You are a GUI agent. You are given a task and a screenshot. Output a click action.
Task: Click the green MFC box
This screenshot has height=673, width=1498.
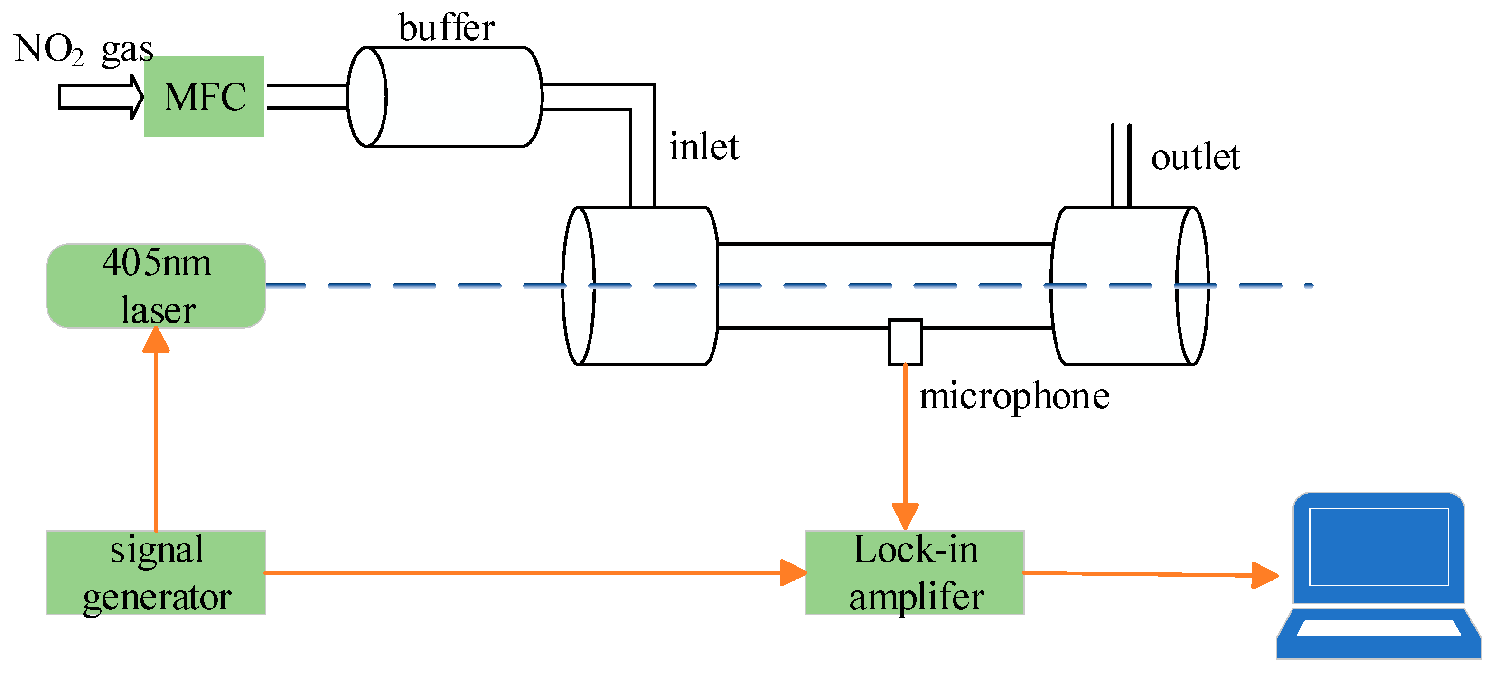click(204, 96)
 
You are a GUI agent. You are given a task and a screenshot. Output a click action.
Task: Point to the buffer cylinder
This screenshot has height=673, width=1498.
click(445, 96)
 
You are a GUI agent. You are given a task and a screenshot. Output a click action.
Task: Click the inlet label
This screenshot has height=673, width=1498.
click(703, 147)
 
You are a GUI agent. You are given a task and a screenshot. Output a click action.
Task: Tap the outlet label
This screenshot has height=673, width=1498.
click(1195, 157)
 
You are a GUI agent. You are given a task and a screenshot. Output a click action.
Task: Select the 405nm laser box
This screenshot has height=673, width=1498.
click(156, 286)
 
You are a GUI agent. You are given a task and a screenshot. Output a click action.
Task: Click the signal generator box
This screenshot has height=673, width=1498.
click(156, 572)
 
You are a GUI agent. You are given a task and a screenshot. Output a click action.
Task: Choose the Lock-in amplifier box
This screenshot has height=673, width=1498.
click(914, 572)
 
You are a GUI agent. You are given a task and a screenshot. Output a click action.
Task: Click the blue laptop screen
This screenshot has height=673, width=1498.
click(1378, 546)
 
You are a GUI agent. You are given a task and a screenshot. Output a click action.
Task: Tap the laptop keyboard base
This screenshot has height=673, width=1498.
click(1378, 634)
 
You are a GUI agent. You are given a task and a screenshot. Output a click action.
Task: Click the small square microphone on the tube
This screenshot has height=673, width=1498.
click(905, 342)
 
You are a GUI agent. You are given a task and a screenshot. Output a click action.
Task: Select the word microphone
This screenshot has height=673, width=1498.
click(1013, 396)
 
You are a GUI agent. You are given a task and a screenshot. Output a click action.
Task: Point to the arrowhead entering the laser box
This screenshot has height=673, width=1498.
click(156, 341)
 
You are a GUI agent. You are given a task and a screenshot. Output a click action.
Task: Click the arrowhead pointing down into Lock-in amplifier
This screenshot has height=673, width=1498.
click(905, 516)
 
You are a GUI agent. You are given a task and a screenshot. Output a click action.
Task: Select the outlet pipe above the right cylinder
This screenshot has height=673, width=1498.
click(1121, 166)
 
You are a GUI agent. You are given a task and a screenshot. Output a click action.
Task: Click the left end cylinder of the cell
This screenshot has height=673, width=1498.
click(640, 286)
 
